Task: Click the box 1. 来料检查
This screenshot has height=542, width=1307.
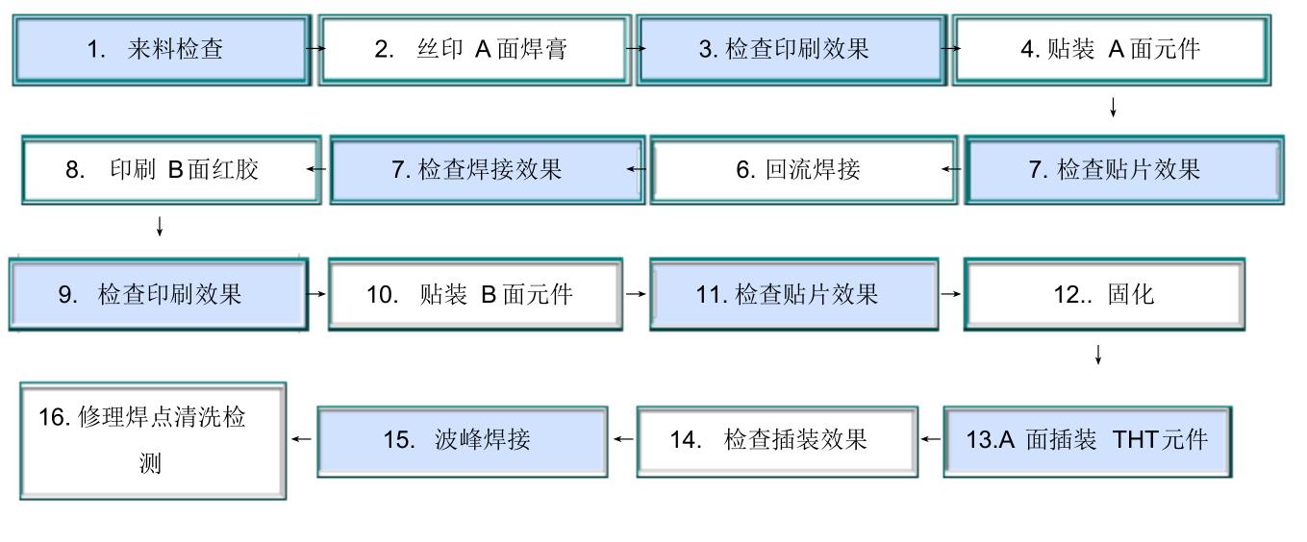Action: [x=162, y=50]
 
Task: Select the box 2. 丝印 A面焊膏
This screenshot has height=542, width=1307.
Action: [x=474, y=50]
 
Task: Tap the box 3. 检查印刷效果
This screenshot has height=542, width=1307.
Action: [x=789, y=50]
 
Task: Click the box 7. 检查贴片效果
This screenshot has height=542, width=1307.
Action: [x=1122, y=171]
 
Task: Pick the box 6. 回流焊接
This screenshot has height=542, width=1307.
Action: [x=803, y=171]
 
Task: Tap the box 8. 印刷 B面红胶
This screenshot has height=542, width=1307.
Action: [x=170, y=171]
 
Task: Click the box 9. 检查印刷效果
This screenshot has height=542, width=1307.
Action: [x=159, y=294]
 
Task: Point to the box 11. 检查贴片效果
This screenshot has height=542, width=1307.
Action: [x=793, y=294]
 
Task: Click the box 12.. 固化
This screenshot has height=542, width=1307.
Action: [x=1104, y=294]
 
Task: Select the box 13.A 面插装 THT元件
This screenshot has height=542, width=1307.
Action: [x=1087, y=441]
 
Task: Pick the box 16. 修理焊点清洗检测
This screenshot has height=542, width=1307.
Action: [x=153, y=441]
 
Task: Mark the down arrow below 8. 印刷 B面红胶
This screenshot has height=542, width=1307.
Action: [x=160, y=228]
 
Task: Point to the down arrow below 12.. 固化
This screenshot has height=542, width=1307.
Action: [x=1097, y=356]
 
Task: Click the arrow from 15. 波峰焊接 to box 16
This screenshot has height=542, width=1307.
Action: [x=301, y=439]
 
